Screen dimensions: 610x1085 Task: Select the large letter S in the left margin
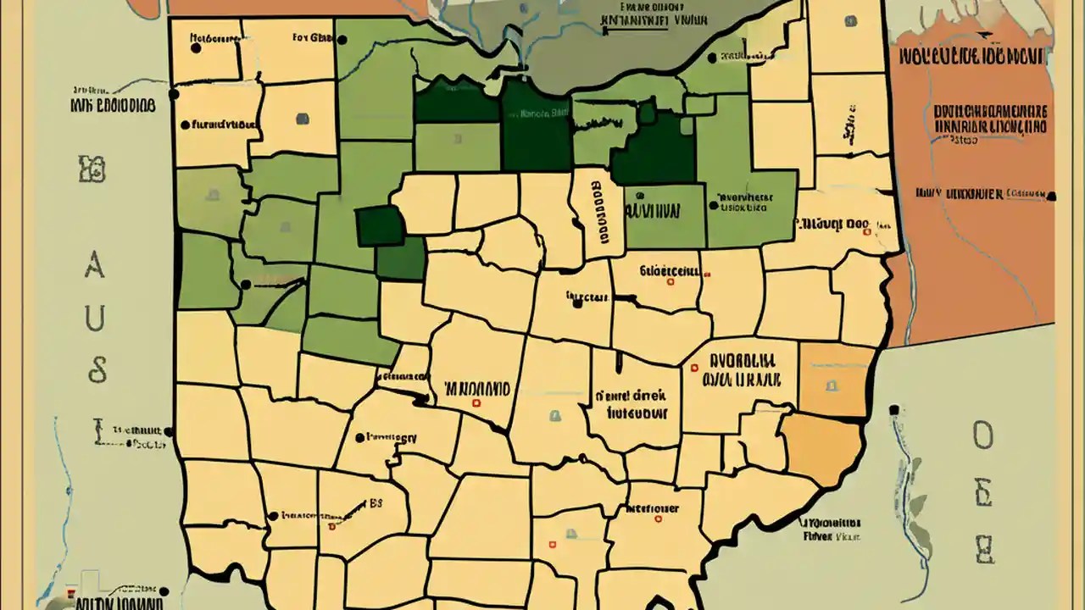pos(97,369)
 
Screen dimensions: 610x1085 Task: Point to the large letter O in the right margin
pos(982,436)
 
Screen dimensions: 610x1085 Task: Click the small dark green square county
pos(381,226)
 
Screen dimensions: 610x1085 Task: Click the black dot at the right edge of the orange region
pos(1052,197)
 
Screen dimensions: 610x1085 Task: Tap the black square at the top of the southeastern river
pos(893,410)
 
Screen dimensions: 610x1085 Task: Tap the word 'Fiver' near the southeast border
pos(817,535)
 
